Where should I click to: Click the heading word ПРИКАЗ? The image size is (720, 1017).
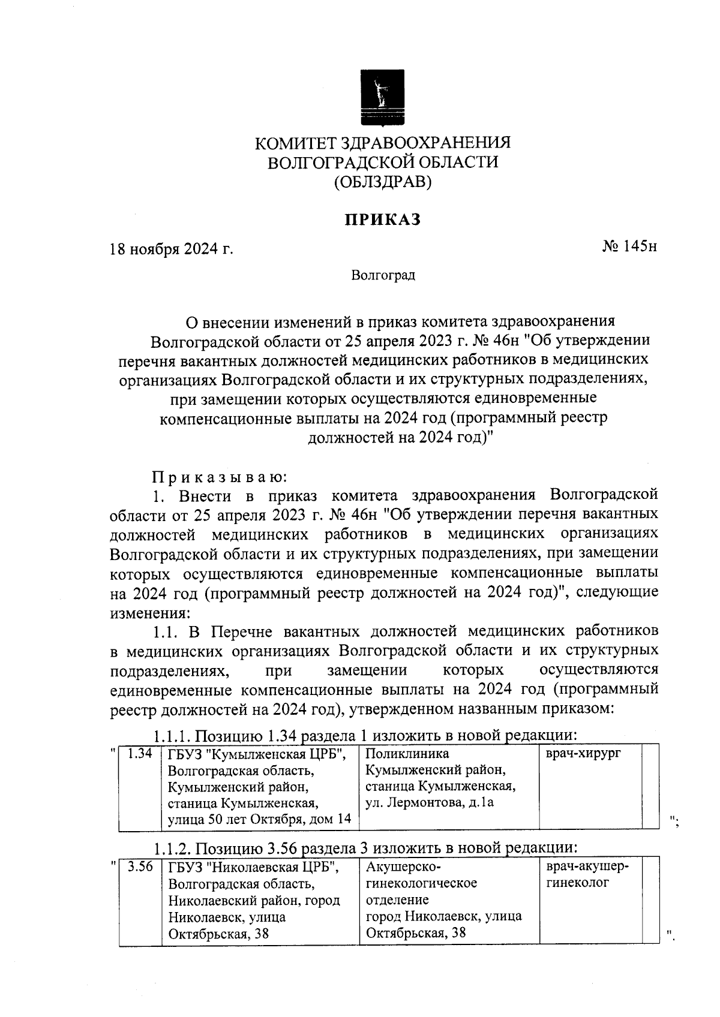point(382,219)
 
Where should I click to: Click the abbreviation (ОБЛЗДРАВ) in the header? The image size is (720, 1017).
point(383,181)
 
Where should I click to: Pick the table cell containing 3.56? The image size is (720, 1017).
point(140,867)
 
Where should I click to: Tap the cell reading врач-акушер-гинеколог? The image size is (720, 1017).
point(587,875)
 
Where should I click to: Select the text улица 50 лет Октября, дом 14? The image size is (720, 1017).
point(259,819)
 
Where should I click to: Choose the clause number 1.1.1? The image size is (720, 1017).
point(172,735)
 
